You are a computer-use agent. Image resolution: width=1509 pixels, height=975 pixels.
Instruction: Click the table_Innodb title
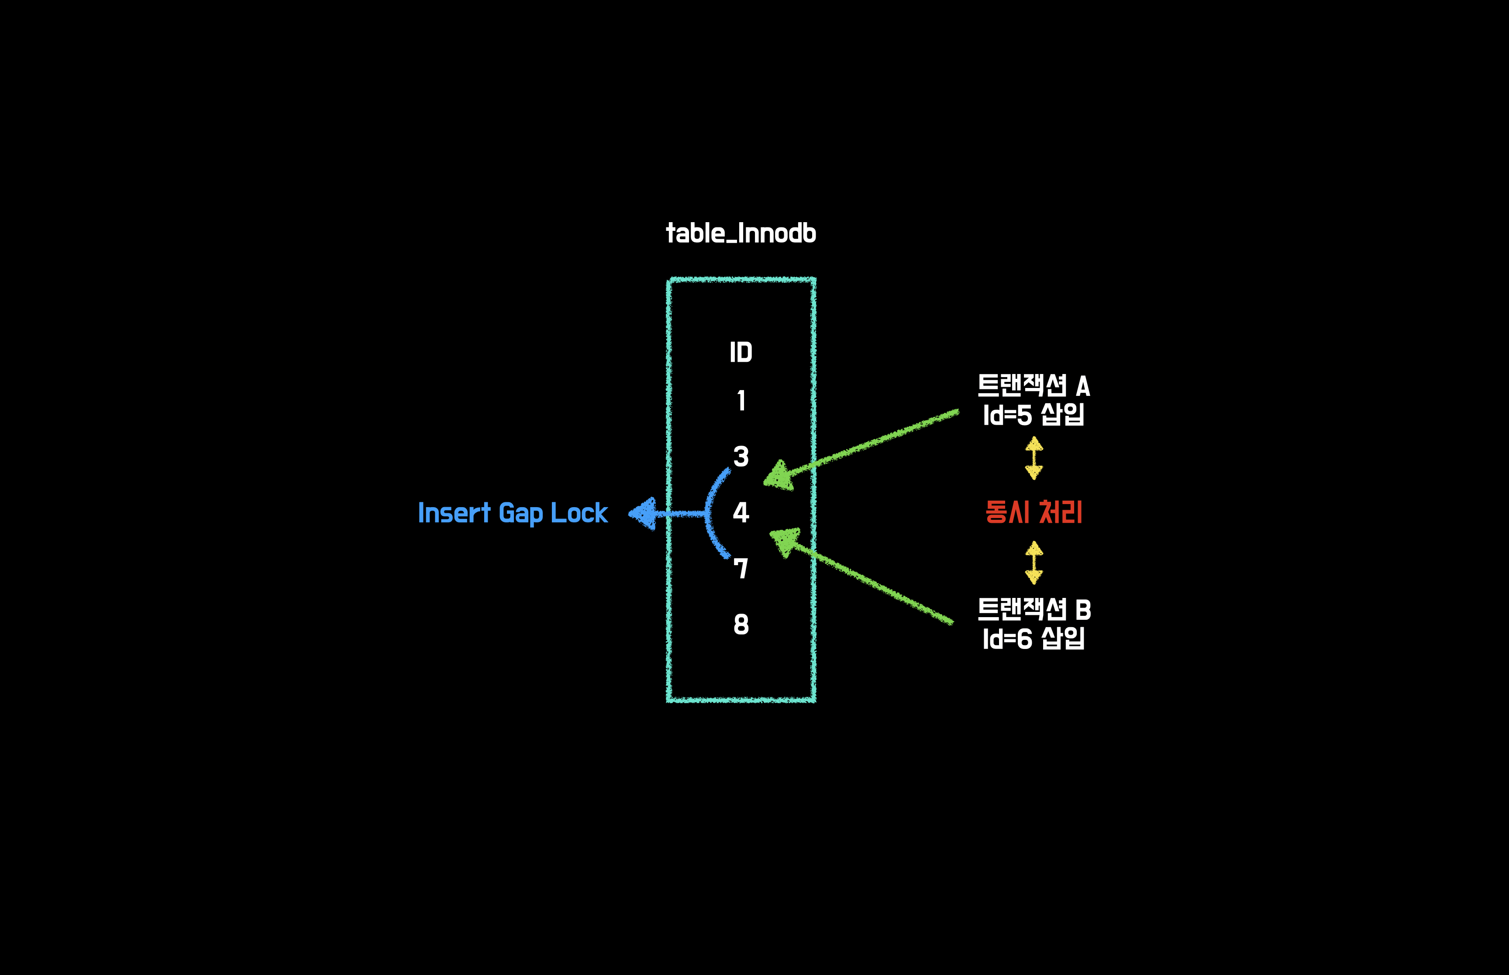[741, 233]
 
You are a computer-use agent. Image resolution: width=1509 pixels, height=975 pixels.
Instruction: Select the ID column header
[741, 352]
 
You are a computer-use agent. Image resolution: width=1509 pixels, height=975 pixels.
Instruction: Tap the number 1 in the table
[741, 401]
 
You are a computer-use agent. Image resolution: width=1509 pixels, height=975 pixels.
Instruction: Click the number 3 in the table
[741, 457]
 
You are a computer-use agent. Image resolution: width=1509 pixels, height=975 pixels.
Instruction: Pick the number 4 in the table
[741, 512]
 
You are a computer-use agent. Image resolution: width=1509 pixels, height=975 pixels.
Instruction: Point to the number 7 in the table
[741, 568]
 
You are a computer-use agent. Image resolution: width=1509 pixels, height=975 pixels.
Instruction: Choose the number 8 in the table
[741, 624]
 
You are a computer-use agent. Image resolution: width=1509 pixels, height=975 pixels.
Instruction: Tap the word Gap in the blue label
[520, 513]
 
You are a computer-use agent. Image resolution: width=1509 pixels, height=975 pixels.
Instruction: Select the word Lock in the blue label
[579, 513]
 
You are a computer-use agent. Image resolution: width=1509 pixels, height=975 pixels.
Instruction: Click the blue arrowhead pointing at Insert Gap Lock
[643, 513]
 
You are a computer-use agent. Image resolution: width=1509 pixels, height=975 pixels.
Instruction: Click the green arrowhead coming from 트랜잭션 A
[779, 476]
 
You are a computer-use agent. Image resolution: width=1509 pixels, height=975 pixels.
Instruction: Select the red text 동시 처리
[1034, 512]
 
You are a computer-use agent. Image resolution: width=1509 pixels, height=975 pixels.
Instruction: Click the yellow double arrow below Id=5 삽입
[1034, 458]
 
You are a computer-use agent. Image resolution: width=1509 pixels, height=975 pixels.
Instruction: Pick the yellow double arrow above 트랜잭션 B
[1034, 562]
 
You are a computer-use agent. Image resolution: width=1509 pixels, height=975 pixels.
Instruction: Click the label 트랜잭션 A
[1034, 385]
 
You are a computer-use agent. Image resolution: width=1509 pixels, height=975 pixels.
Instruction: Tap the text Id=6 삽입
[1034, 638]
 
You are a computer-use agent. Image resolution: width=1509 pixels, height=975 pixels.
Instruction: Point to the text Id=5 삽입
[1034, 415]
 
